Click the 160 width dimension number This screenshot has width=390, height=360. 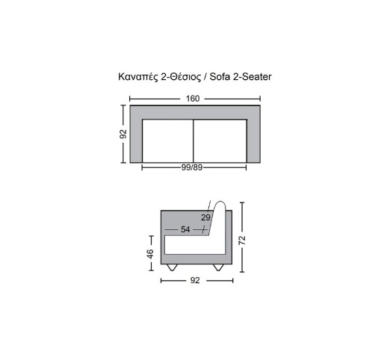[x=193, y=99]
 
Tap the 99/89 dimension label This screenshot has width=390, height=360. [x=192, y=167]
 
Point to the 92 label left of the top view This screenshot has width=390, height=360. [x=123, y=134]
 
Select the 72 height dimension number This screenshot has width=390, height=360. [x=242, y=240]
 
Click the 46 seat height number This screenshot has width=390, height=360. [x=151, y=254]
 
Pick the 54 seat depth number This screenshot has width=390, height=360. [x=185, y=229]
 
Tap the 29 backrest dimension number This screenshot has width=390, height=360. [x=205, y=217]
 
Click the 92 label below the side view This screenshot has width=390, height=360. [x=195, y=280]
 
